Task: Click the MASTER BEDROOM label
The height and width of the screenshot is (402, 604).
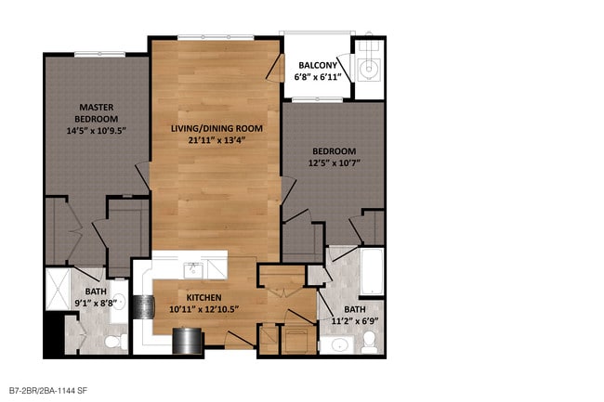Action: [97, 112]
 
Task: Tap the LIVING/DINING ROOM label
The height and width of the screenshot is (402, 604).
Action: [217, 128]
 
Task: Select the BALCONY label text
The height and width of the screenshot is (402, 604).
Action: [318, 65]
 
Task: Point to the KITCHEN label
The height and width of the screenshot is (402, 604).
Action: [204, 297]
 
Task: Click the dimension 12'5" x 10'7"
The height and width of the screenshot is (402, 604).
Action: [335, 162]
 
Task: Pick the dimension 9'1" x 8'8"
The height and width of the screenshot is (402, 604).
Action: [96, 304]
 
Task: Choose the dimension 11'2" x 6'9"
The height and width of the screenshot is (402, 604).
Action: [355, 321]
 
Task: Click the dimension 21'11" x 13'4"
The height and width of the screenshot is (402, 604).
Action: [217, 140]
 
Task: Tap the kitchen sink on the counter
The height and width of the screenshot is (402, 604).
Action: [193, 271]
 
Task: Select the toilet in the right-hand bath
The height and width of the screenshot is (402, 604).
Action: [370, 342]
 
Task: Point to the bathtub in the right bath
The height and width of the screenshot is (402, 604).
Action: [372, 272]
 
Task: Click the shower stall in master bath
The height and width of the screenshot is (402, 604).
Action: [58, 289]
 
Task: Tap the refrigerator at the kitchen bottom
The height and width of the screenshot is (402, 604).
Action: [187, 341]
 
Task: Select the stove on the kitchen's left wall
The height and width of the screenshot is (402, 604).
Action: [144, 307]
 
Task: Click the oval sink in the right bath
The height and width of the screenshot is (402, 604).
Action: [339, 345]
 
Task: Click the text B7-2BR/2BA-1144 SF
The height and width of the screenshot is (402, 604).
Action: [48, 391]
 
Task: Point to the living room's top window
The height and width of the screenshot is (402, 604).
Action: [216, 37]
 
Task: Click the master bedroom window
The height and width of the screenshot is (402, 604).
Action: [99, 54]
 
